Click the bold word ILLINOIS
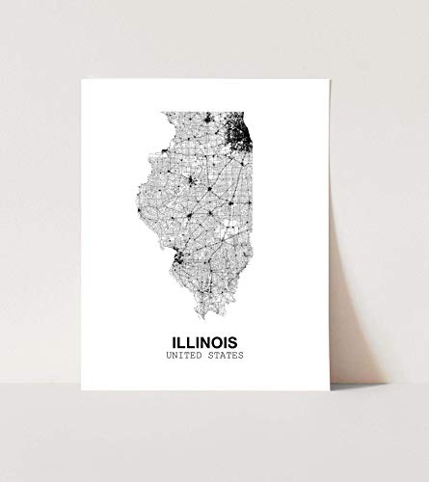pyautogui.click(x=206, y=341)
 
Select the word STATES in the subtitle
pyautogui.click(x=226, y=356)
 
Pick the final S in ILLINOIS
pyautogui.click(x=239, y=341)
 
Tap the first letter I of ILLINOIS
pyautogui.click(x=172, y=341)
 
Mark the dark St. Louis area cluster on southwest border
pyautogui.click(x=177, y=255)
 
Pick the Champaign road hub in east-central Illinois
pyautogui.click(x=231, y=202)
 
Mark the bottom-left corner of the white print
pyautogui.click(x=81, y=390)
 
